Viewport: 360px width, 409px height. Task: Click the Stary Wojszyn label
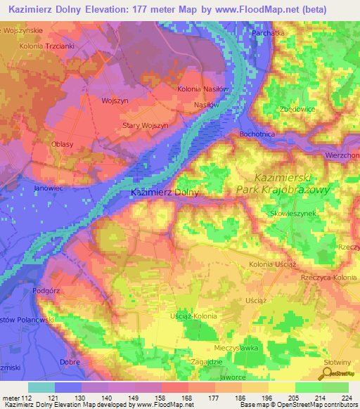point(146,125)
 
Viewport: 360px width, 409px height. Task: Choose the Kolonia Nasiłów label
point(203,89)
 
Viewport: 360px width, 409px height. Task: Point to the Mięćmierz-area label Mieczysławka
point(238,348)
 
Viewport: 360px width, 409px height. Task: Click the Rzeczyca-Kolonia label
point(329,278)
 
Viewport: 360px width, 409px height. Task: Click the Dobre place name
point(70,362)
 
